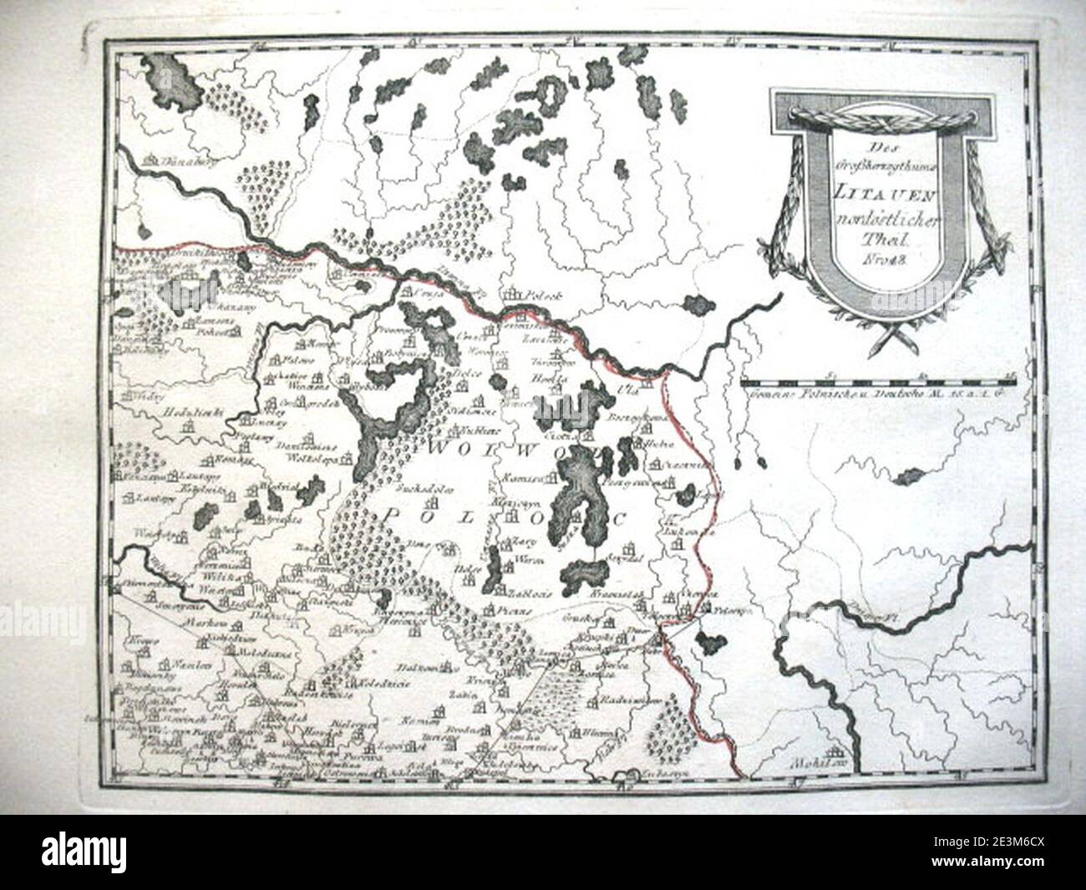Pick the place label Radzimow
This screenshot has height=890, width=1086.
click(x=623, y=698)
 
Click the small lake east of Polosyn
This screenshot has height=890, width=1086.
click(x=713, y=643)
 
